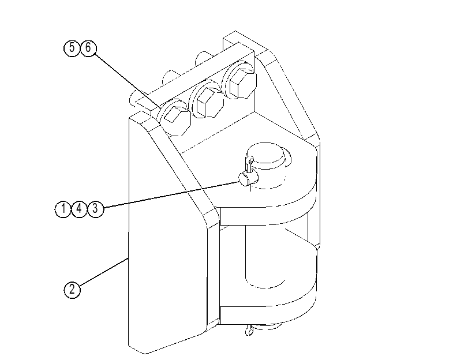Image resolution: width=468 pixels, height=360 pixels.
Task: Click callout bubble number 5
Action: pos(72,48)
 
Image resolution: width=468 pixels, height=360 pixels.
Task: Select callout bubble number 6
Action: pos(88,48)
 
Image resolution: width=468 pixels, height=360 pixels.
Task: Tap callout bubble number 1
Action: pos(63,209)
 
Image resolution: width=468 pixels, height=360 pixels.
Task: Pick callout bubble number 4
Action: pos(79,209)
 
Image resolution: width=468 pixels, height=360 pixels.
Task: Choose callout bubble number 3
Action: pos(95,209)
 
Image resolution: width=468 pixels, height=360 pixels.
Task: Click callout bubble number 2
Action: pos(72,290)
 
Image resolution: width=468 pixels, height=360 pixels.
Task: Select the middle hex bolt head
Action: pos(209,102)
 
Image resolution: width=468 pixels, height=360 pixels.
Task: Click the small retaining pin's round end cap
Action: pos(245,179)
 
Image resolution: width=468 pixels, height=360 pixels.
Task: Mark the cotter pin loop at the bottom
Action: pos(249,331)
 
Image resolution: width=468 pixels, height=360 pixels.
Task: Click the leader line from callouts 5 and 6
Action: pos(129,81)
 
